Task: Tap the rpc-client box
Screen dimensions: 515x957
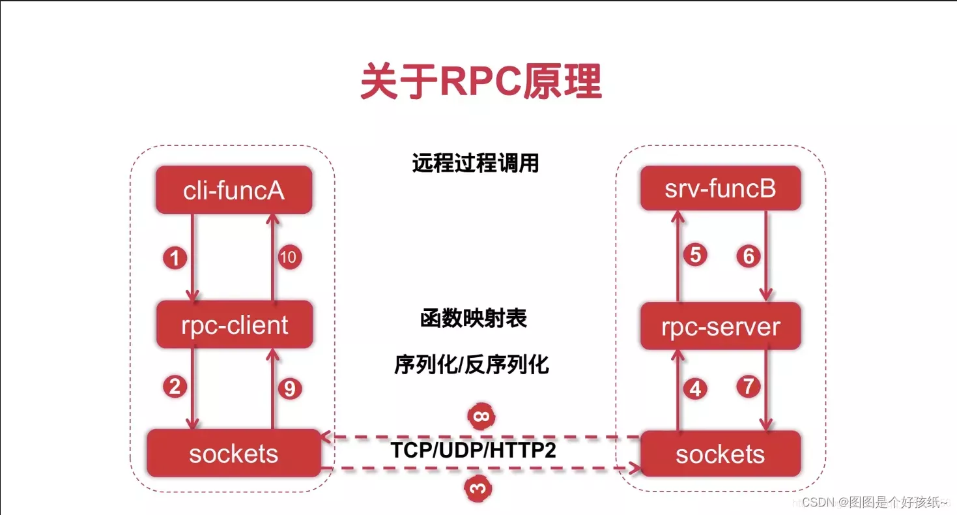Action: tap(235, 324)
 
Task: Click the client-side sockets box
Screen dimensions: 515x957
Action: tap(233, 453)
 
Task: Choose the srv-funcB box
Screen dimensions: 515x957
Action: tap(720, 188)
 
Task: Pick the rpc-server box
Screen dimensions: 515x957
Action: tap(720, 326)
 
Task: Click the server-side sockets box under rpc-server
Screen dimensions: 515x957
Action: tap(720, 454)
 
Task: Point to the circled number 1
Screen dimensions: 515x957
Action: tap(174, 259)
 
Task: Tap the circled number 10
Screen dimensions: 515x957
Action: tap(287, 257)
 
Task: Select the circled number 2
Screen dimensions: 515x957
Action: tap(174, 387)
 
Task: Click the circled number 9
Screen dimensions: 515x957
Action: tap(290, 389)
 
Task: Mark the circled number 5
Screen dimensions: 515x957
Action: tap(695, 254)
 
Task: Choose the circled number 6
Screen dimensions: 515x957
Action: tap(749, 256)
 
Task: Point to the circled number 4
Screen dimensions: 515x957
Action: tap(695, 389)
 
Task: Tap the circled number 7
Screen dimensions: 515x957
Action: tap(749, 387)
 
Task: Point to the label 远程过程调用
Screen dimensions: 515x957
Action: tap(476, 163)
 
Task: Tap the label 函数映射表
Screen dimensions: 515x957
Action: tap(473, 319)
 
